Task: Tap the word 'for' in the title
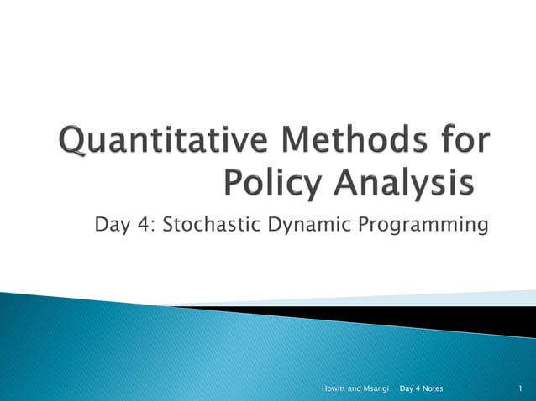pyautogui.click(x=461, y=141)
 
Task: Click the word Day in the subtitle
pyautogui.click(x=112, y=226)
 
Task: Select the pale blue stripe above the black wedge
pyautogui.click(x=470, y=299)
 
